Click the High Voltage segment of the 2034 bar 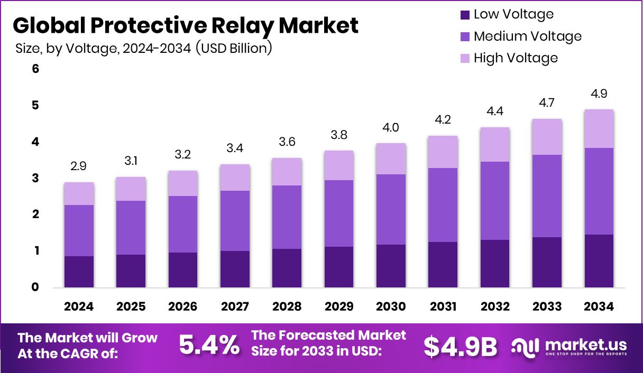599,129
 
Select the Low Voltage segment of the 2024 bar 79,272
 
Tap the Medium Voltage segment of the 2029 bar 339,213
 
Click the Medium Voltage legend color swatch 465,36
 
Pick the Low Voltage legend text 513,14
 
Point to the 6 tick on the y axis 36,69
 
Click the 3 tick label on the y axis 36,178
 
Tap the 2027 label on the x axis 235,307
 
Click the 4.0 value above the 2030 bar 391,128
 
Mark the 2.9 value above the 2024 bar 79,167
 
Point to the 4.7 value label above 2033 547,102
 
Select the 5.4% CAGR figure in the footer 208,346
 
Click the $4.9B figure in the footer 460,347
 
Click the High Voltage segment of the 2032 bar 495,144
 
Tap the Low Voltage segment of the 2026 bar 183,270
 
